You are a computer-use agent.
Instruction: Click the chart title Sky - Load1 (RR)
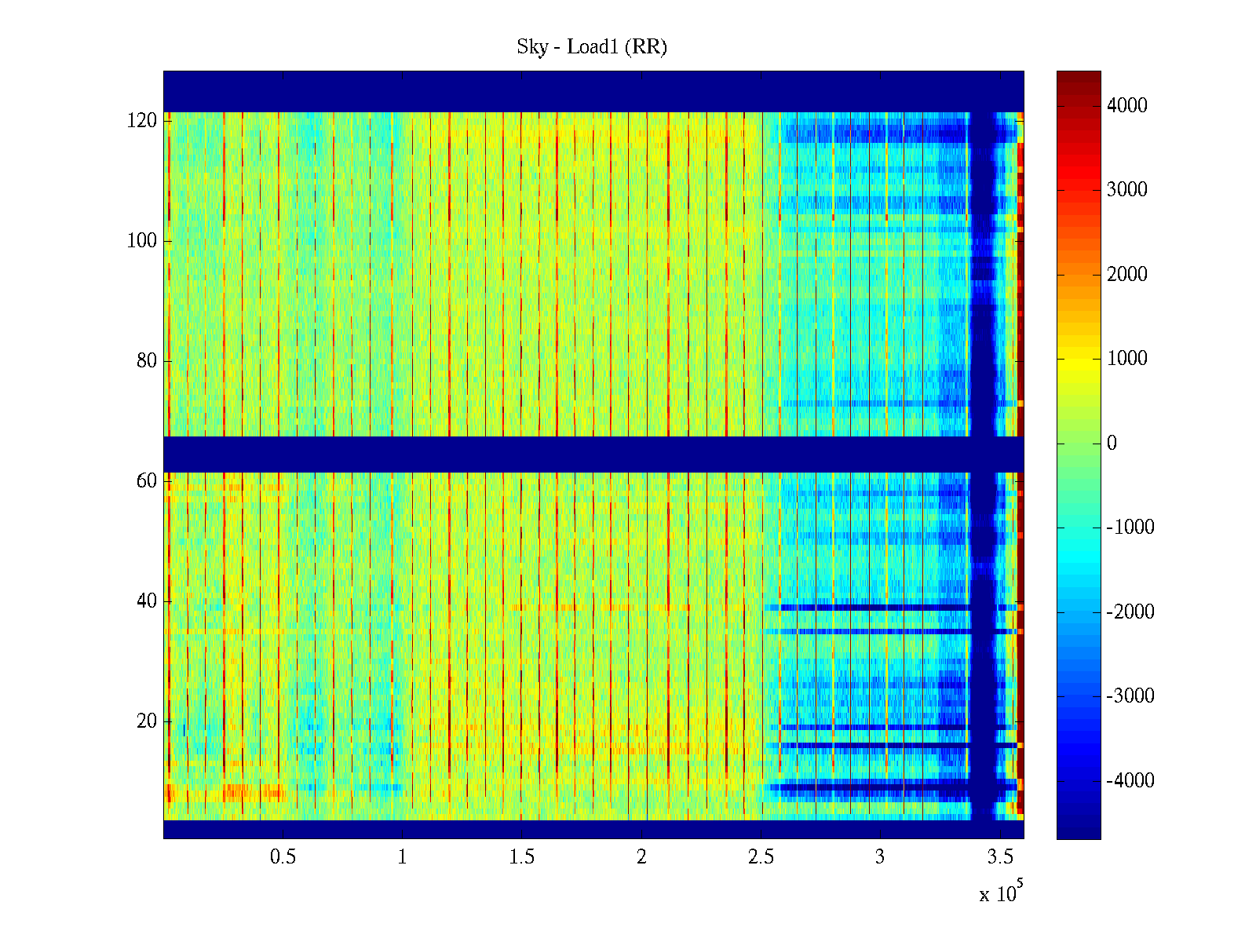click(x=592, y=47)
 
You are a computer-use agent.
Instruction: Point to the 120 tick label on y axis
click(x=142, y=121)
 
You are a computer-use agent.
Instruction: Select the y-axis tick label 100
click(x=142, y=241)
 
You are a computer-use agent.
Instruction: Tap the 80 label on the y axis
click(x=147, y=361)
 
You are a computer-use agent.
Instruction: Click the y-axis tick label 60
click(x=147, y=481)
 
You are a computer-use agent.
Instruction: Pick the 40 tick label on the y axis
click(x=147, y=601)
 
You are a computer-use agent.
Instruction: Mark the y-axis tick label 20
click(x=147, y=721)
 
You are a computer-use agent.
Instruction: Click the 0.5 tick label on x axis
click(x=283, y=857)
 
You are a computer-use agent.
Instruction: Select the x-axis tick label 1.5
click(x=522, y=857)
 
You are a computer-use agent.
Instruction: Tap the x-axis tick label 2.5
click(x=761, y=857)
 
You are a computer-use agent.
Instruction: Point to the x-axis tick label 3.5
click(x=1000, y=857)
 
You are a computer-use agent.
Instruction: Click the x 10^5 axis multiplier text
click(x=1001, y=893)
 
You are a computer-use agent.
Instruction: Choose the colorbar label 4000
click(x=1126, y=106)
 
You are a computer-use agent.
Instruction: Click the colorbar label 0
click(x=1112, y=444)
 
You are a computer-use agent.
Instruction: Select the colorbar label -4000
click(x=1130, y=781)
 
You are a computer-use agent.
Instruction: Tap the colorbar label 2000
click(x=1126, y=275)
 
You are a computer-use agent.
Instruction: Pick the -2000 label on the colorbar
click(x=1130, y=612)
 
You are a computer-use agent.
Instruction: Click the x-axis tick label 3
click(x=880, y=857)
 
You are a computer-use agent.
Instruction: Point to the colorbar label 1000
click(x=1126, y=359)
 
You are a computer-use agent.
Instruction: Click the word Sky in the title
click(x=531, y=47)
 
